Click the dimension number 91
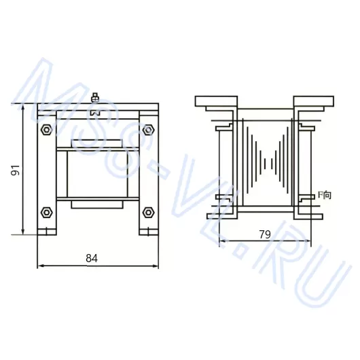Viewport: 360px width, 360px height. pyautogui.click(x=16, y=170)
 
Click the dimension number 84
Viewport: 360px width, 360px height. pyautogui.click(x=92, y=258)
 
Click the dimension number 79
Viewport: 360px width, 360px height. pyautogui.click(x=265, y=234)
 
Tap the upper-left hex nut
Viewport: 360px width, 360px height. pyautogui.click(x=46, y=130)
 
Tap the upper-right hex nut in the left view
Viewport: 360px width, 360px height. pyautogui.click(x=148, y=130)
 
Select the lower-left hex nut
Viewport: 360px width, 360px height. pyautogui.click(x=46, y=213)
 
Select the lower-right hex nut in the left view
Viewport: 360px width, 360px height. pyautogui.click(x=148, y=213)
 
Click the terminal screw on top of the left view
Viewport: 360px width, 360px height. pyautogui.click(x=95, y=98)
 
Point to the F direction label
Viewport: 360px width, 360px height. pyautogui.click(x=325, y=195)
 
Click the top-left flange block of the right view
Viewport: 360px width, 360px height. pyautogui.click(x=216, y=101)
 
